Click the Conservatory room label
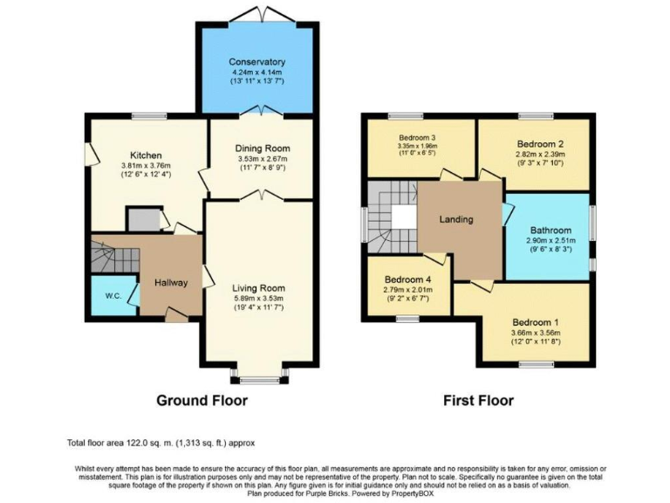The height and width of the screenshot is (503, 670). [x=256, y=62]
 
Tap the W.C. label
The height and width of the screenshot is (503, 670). [x=113, y=294]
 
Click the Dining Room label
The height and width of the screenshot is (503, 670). [x=263, y=148]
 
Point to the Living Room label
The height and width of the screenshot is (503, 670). [x=258, y=287]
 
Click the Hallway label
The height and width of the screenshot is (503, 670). [x=172, y=282]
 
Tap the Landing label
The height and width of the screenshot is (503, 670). [x=456, y=219]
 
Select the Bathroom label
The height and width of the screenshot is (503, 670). [x=548, y=230]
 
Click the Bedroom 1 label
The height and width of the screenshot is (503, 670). [x=536, y=320]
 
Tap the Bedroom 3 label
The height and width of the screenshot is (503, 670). [x=418, y=138]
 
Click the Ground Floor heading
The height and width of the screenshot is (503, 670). [x=202, y=401]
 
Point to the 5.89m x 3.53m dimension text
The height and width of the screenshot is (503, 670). [x=258, y=299]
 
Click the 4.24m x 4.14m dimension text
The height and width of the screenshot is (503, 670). [x=256, y=72]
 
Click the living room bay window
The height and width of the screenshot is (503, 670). [x=258, y=379]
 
